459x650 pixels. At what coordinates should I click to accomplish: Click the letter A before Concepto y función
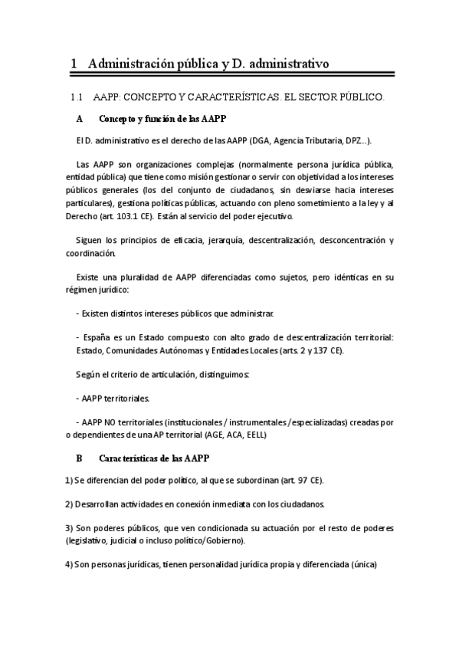click(x=80, y=120)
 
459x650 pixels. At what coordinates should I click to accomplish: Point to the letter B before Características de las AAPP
click(x=79, y=458)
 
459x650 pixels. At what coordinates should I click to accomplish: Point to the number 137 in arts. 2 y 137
click(x=323, y=350)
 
